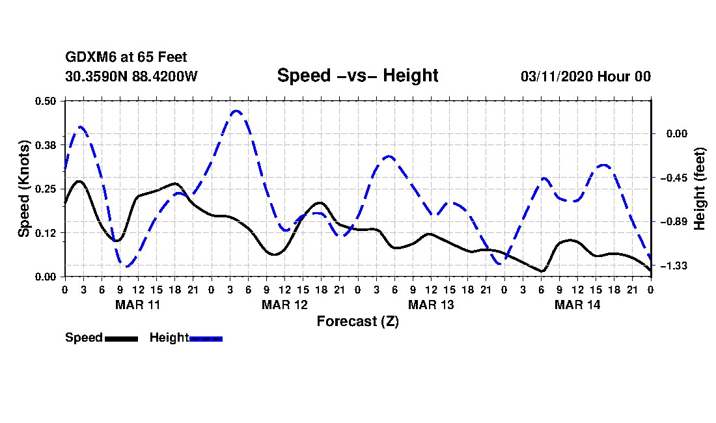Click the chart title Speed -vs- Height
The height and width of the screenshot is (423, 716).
click(357, 75)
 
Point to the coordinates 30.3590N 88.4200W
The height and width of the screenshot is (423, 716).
click(131, 76)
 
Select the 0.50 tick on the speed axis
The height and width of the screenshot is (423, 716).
click(46, 101)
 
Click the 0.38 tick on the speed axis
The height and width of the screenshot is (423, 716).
click(46, 144)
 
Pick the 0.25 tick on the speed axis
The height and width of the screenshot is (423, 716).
click(46, 189)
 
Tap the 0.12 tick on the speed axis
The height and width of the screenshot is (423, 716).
click(46, 233)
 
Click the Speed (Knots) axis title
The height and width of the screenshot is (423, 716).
click(23, 189)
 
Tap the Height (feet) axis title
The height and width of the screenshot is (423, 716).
click(700, 189)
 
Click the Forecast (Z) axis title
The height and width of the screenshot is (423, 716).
click(357, 321)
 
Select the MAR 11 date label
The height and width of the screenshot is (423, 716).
click(138, 305)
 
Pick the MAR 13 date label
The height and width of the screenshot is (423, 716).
click(431, 305)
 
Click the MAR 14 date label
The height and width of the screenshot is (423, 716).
click(577, 305)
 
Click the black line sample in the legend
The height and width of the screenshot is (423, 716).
click(121, 338)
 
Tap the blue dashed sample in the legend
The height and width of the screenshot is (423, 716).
click(206, 338)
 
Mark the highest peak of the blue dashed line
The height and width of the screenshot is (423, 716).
click(236, 111)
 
